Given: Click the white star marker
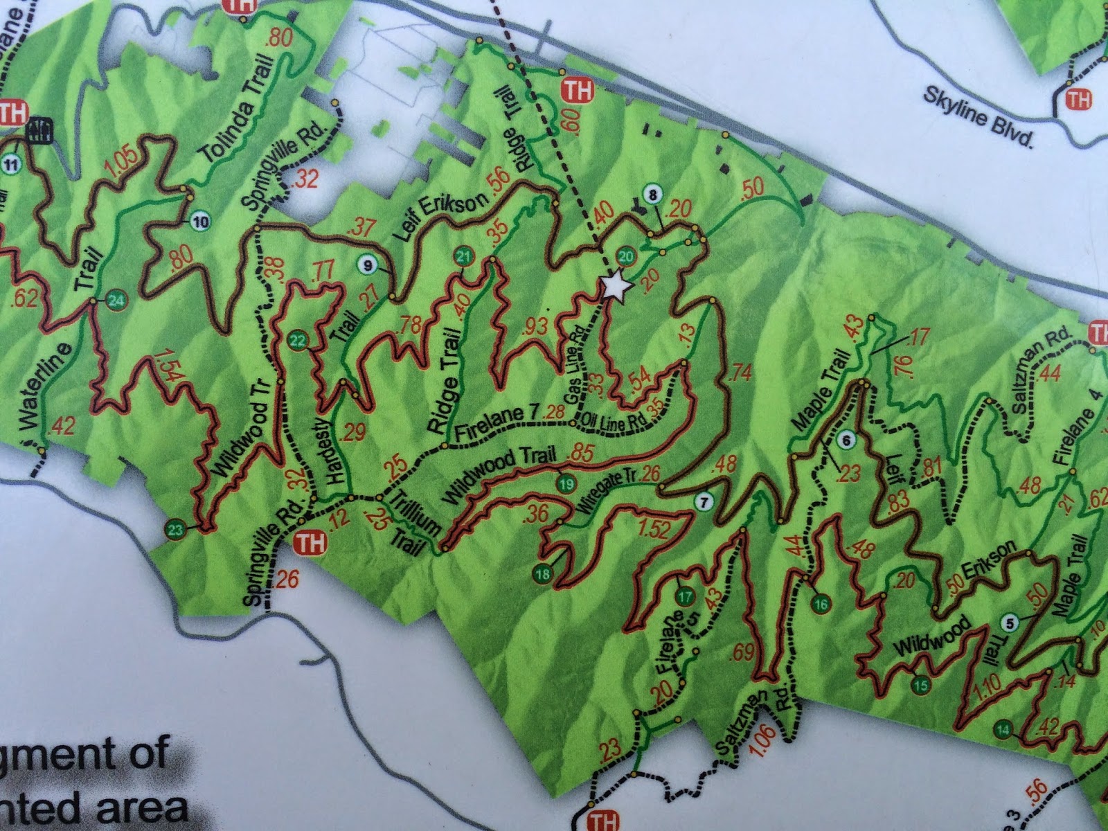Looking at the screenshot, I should click(615, 286).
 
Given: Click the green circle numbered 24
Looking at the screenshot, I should click(116, 301).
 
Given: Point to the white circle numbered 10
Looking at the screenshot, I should click(200, 222).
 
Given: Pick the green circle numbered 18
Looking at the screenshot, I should click(543, 573).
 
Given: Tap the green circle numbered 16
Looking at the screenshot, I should click(821, 603).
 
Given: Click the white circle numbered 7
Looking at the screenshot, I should click(704, 503).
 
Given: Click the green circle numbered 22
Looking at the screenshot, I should click(298, 340).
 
